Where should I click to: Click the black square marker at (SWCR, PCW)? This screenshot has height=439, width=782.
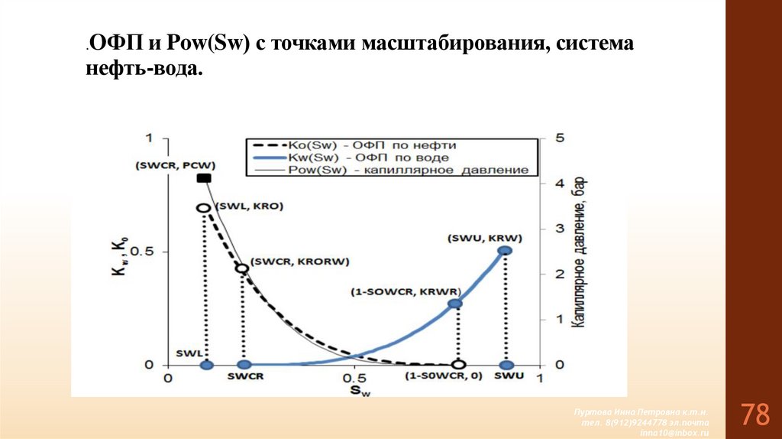pyautogui.click(x=204, y=178)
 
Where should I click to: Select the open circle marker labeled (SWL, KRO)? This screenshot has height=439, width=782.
pyautogui.click(x=204, y=208)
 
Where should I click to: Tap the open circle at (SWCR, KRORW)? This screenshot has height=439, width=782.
pyautogui.click(x=242, y=268)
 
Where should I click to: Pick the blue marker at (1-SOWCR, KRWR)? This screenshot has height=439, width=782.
pyautogui.click(x=455, y=304)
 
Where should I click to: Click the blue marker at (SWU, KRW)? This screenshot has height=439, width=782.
pyautogui.click(x=505, y=251)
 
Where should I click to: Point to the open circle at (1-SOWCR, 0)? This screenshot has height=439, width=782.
pyautogui.click(x=457, y=365)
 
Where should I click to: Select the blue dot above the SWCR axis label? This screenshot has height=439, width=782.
pyautogui.click(x=244, y=365)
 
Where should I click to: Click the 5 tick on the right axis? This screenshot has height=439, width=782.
pyautogui.click(x=560, y=138)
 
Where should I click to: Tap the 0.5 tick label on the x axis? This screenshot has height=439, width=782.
pyautogui.click(x=353, y=379)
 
